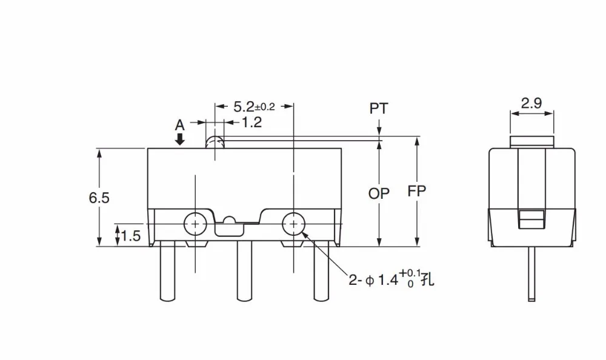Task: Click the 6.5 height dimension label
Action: (99, 198)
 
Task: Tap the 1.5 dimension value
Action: (131, 236)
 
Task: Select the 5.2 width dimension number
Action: (244, 107)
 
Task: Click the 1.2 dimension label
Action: (252, 122)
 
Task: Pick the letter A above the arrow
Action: (180, 125)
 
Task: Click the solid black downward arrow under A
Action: (180, 139)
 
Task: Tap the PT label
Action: (379, 108)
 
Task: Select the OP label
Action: (379, 193)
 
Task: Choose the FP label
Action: (417, 191)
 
